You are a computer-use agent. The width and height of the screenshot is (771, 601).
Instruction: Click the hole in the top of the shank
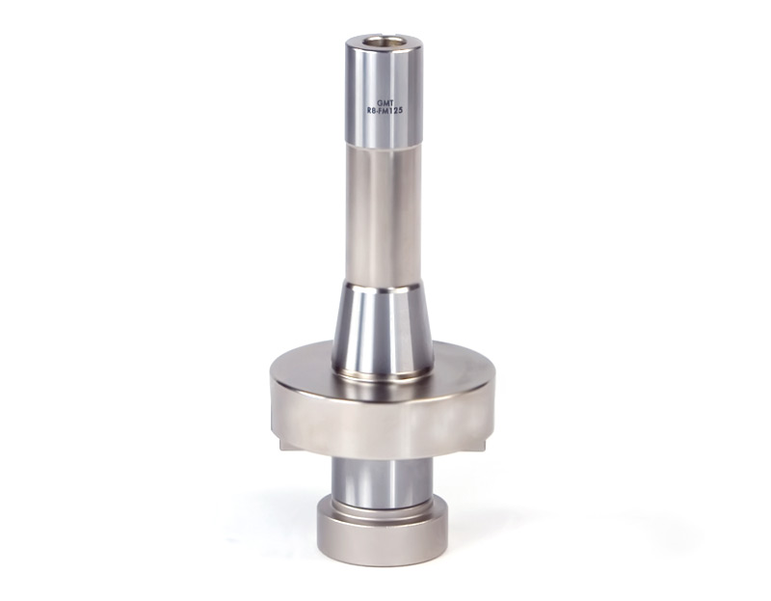coord(383,41)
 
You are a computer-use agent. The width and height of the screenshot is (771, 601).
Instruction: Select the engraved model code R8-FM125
coord(385,111)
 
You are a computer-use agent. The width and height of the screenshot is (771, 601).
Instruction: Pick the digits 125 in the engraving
coord(397,111)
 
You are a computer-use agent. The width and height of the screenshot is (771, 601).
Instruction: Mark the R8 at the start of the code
coord(371,111)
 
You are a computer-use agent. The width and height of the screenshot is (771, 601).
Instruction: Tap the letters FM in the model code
coord(384,111)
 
